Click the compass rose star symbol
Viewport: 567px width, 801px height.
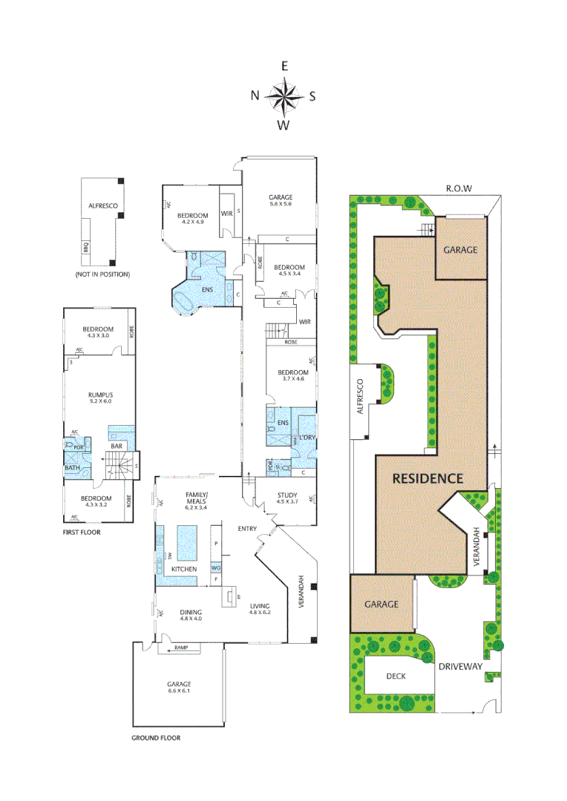coord(283,95)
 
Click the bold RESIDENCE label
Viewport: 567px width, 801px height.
coord(427,478)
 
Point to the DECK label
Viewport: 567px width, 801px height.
coord(396,676)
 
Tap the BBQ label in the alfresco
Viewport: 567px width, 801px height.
coord(85,248)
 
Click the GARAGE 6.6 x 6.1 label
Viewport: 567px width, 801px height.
coord(179,688)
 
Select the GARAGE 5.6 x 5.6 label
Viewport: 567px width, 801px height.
coord(280,200)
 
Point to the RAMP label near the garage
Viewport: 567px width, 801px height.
coord(182,648)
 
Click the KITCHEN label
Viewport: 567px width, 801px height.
coord(184,569)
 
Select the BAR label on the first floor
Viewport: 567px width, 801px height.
coord(116,446)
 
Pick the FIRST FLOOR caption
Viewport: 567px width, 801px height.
coord(82,533)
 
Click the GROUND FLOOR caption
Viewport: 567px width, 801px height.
coord(156,738)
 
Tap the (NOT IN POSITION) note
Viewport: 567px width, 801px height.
coord(102,274)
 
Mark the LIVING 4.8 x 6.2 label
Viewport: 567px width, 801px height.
coord(260,609)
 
